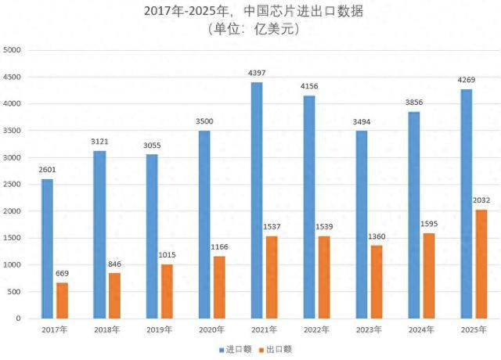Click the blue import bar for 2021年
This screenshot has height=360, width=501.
[257, 200]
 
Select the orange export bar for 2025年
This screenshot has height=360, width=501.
[481, 264]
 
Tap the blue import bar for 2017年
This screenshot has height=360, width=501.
[47, 249]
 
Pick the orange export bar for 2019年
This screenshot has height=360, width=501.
[167, 291]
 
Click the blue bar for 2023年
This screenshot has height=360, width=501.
[362, 225]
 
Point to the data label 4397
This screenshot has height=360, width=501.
[257, 73]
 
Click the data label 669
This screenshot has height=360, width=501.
[62, 273]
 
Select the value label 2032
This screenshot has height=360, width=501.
[481, 200]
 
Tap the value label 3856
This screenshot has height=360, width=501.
[414, 103]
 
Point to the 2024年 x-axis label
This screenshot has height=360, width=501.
[421, 329]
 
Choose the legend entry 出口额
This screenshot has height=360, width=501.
[276, 349]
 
